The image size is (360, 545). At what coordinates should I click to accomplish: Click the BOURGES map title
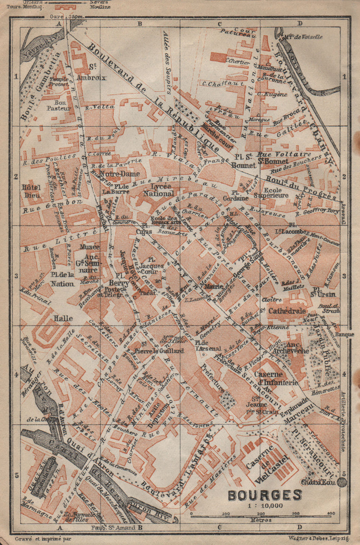(x=265, y=495)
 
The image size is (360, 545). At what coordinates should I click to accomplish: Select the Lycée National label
(x=158, y=190)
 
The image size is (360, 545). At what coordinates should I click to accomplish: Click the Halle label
(x=63, y=318)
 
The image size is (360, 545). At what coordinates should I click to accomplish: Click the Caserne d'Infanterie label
(x=276, y=378)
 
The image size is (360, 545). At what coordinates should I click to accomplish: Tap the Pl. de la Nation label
(x=62, y=279)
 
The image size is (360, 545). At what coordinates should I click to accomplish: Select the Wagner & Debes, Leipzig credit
(x=319, y=539)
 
